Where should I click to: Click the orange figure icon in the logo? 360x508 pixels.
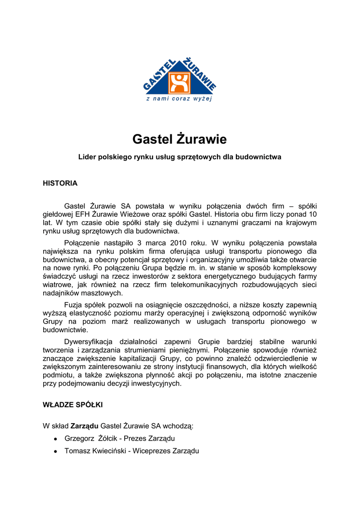tap(179, 83)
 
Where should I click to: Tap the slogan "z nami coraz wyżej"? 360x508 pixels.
tap(179, 99)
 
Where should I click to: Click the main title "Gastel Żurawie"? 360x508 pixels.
tap(179, 138)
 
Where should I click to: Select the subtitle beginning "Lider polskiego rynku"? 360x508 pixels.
tap(180, 157)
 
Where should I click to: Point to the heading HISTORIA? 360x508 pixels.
tap(60, 183)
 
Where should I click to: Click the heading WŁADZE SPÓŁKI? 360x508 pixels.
tap(72, 405)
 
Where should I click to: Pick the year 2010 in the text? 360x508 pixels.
tap(178, 243)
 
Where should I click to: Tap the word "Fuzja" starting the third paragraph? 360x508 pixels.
tap(75, 305)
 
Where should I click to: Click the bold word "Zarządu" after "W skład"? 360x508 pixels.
tap(84, 426)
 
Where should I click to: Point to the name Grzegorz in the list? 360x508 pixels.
tap(79, 439)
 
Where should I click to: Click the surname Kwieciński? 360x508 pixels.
tap(109, 451)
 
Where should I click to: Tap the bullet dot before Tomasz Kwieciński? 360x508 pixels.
tap(56, 451)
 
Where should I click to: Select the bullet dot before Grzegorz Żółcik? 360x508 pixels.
tap(56, 439)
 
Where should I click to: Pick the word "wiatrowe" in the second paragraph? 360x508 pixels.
tap(57, 285)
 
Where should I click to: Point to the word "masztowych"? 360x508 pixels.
tap(100, 293)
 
